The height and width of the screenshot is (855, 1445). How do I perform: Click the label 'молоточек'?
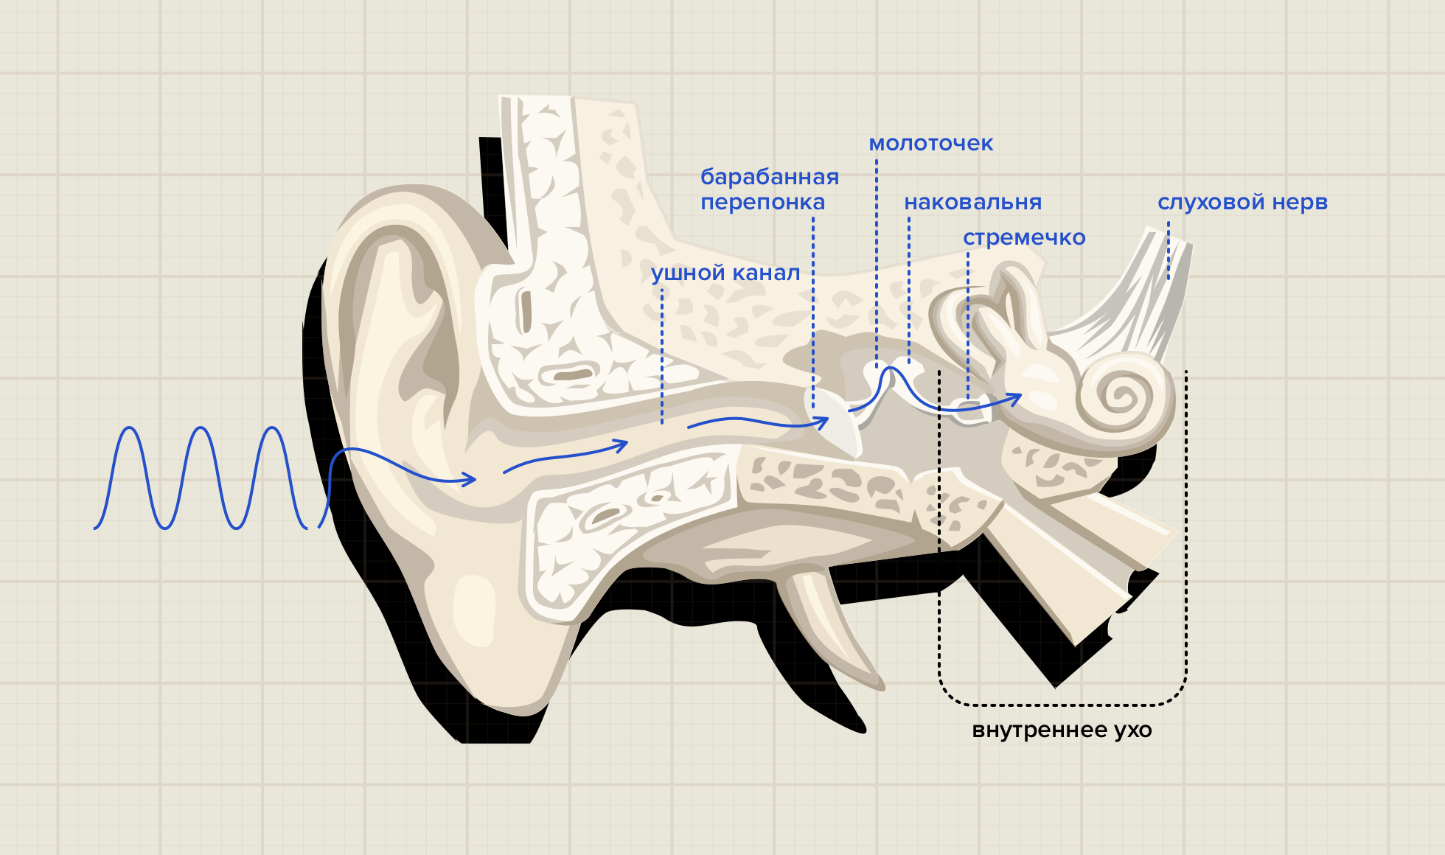[930, 143]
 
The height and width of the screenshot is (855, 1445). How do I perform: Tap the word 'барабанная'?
[769, 177]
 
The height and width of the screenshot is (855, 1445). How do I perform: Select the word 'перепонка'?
[762, 202]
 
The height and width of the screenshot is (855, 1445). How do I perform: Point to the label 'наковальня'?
[972, 202]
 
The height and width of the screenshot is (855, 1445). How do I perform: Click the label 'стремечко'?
[1024, 237]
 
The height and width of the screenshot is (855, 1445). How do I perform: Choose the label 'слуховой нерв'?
[1242, 202]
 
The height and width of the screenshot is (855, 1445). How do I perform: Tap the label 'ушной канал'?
[725, 273]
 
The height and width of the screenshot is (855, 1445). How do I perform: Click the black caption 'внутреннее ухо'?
[1062, 730]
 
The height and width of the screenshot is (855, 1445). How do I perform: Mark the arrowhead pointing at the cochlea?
[1015, 399]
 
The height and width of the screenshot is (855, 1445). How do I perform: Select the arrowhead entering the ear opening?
[470, 481]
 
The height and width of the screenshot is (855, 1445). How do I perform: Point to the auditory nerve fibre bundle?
[1150, 295]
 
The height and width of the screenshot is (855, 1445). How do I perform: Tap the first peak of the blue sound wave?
[130, 429]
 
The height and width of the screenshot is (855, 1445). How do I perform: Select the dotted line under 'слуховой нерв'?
[1169, 251]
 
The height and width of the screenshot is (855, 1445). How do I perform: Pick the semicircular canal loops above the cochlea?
[995, 310]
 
